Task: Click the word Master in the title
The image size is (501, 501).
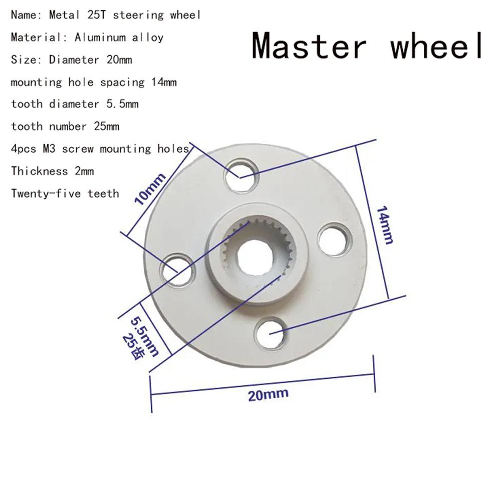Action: [x=309, y=46]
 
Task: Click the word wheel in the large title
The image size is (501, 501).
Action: [x=437, y=46]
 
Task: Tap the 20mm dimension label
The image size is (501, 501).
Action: [x=268, y=394]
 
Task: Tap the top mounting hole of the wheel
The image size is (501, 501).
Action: [x=240, y=176]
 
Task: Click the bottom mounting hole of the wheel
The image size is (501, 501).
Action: [x=271, y=333]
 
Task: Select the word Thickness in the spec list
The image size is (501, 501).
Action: [x=39, y=171]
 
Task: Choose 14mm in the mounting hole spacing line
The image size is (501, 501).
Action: [x=164, y=82]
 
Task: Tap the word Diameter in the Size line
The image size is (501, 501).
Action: [x=74, y=60]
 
